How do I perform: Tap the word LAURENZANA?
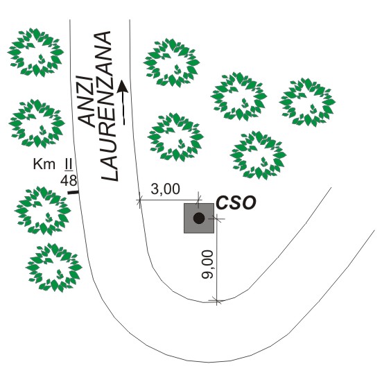point(108,106)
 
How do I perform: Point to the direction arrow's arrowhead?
point(122,87)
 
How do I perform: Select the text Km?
point(44,164)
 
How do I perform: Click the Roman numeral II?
point(68,164)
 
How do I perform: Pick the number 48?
point(69,180)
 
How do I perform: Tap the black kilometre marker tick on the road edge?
point(73,193)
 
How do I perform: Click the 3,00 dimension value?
point(166,189)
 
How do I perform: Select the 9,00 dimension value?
point(207,264)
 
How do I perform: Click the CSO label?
point(236,202)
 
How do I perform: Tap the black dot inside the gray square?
point(199,218)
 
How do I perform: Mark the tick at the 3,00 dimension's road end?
point(139,200)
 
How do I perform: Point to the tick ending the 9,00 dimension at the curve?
point(217,300)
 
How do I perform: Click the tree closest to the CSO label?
point(258,155)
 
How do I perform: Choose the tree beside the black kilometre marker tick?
point(43,210)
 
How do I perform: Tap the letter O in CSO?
point(250,202)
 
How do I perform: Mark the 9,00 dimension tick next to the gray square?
point(217,219)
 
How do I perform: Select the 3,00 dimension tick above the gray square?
point(199,200)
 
